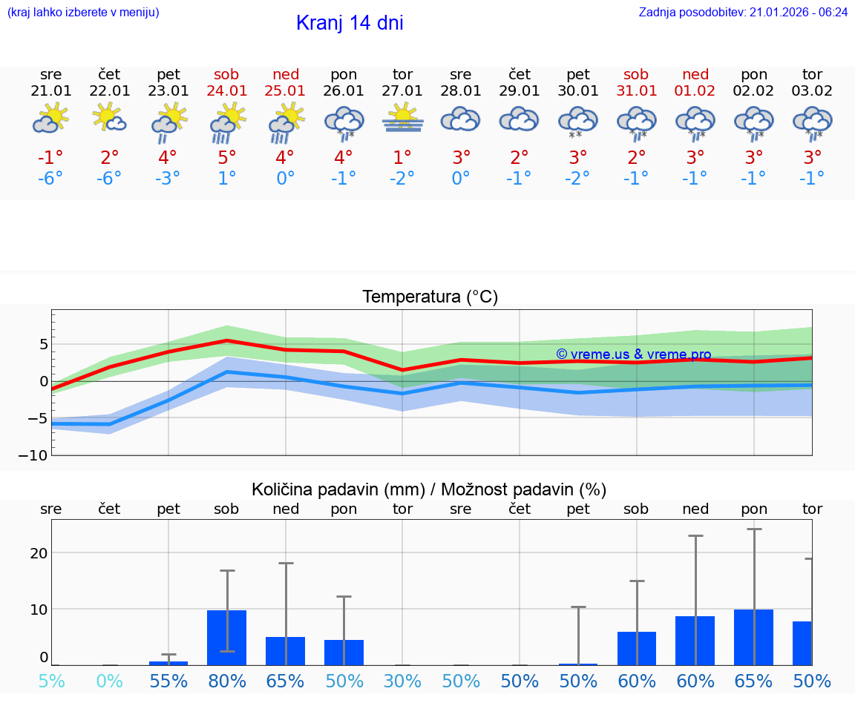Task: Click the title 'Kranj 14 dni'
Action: [x=350, y=23]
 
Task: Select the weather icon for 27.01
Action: [x=403, y=120]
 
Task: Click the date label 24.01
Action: [x=226, y=91]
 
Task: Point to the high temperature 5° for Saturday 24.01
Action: [x=226, y=157]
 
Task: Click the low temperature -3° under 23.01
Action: [x=168, y=179]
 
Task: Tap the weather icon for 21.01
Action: [x=50, y=119]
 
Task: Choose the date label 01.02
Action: [x=695, y=91]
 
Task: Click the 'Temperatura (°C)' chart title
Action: [x=430, y=297]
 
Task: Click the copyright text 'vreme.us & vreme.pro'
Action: [x=633, y=354]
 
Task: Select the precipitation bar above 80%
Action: [x=226, y=638]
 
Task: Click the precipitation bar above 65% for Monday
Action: [x=753, y=637]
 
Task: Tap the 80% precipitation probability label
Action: [x=226, y=681]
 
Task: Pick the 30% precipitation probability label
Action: [x=403, y=681]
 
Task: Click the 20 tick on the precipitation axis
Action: [x=39, y=552]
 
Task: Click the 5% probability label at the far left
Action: [x=50, y=681]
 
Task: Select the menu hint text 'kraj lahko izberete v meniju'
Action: [x=82, y=13]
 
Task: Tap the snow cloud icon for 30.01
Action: [x=578, y=122]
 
